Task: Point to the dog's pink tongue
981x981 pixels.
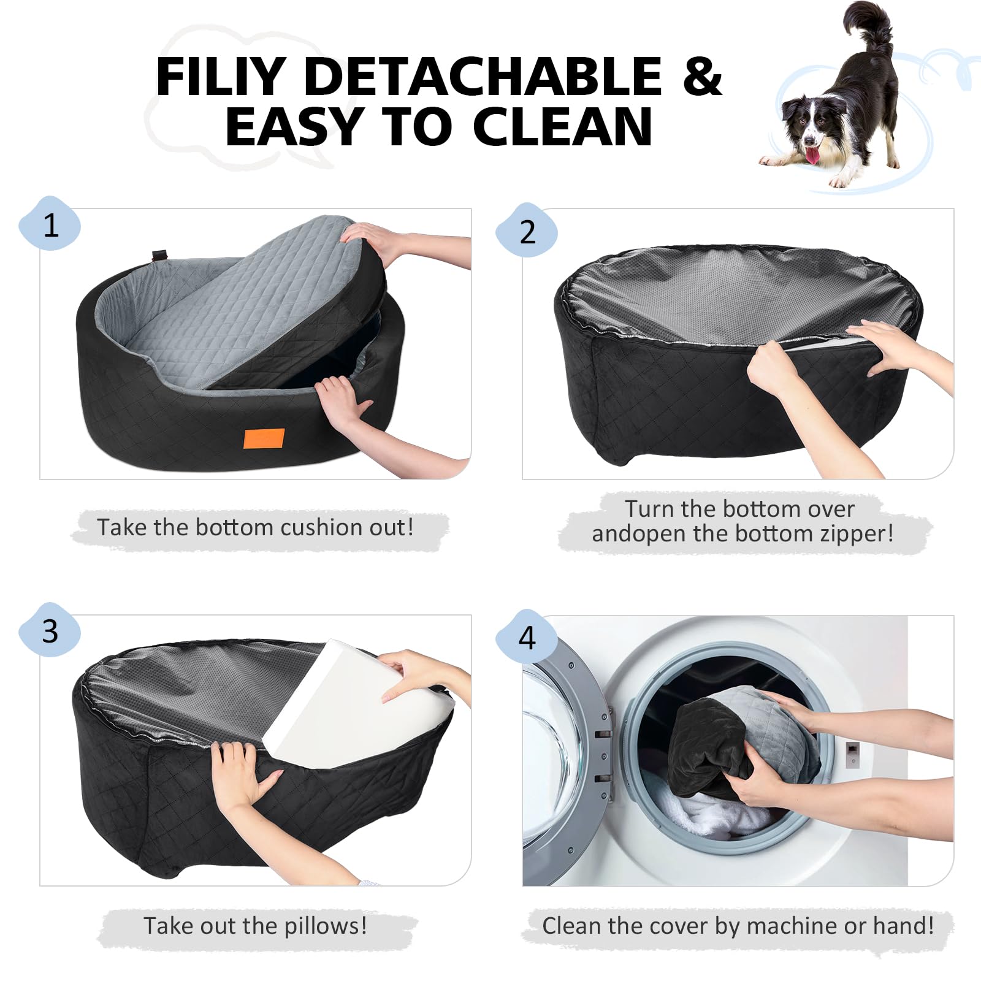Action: click(x=812, y=155)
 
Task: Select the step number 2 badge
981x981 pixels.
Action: click(x=527, y=231)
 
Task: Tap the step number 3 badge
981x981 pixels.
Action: click(x=50, y=630)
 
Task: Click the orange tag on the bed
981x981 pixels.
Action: click(x=264, y=439)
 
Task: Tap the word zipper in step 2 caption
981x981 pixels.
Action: click(x=857, y=534)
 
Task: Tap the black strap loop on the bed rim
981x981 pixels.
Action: click(x=160, y=254)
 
